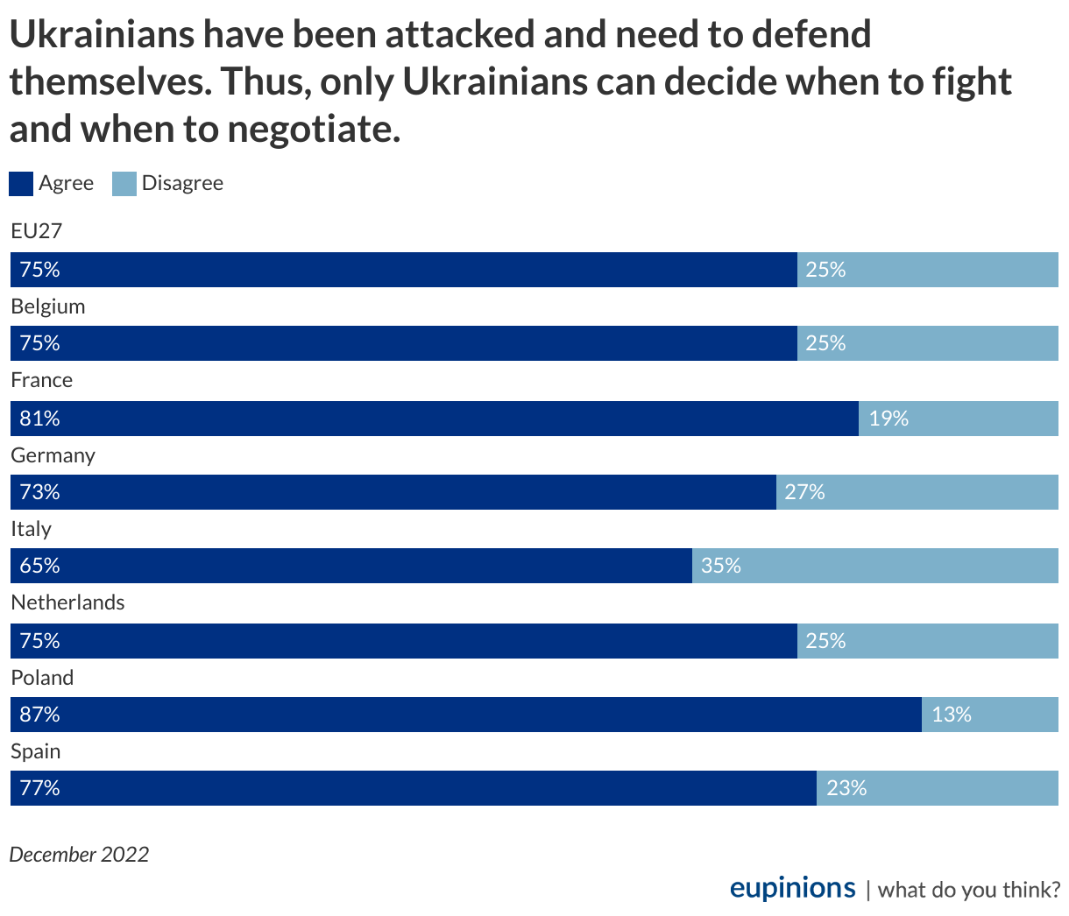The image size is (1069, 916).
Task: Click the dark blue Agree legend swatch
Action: pos(22,184)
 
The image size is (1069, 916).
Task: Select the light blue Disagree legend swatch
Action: pos(124,184)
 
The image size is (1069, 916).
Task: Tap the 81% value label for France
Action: pos(39,419)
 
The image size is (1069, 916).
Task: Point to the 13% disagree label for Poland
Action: pos(952,715)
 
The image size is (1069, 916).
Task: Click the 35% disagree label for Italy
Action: pos(721,566)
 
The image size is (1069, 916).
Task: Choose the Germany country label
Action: pos(53,455)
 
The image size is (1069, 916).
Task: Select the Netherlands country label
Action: pos(67,602)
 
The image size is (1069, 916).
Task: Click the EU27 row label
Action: pos(36,231)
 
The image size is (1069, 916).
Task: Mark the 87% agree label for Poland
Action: pos(39,715)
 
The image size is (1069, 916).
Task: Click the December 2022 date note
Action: pos(79,854)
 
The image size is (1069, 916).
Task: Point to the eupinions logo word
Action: pos(792,888)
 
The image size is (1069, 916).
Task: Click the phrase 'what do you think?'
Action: pos(968,890)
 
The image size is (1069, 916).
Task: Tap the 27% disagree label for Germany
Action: pos(805,492)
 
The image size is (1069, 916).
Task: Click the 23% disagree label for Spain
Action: pos(846,788)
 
